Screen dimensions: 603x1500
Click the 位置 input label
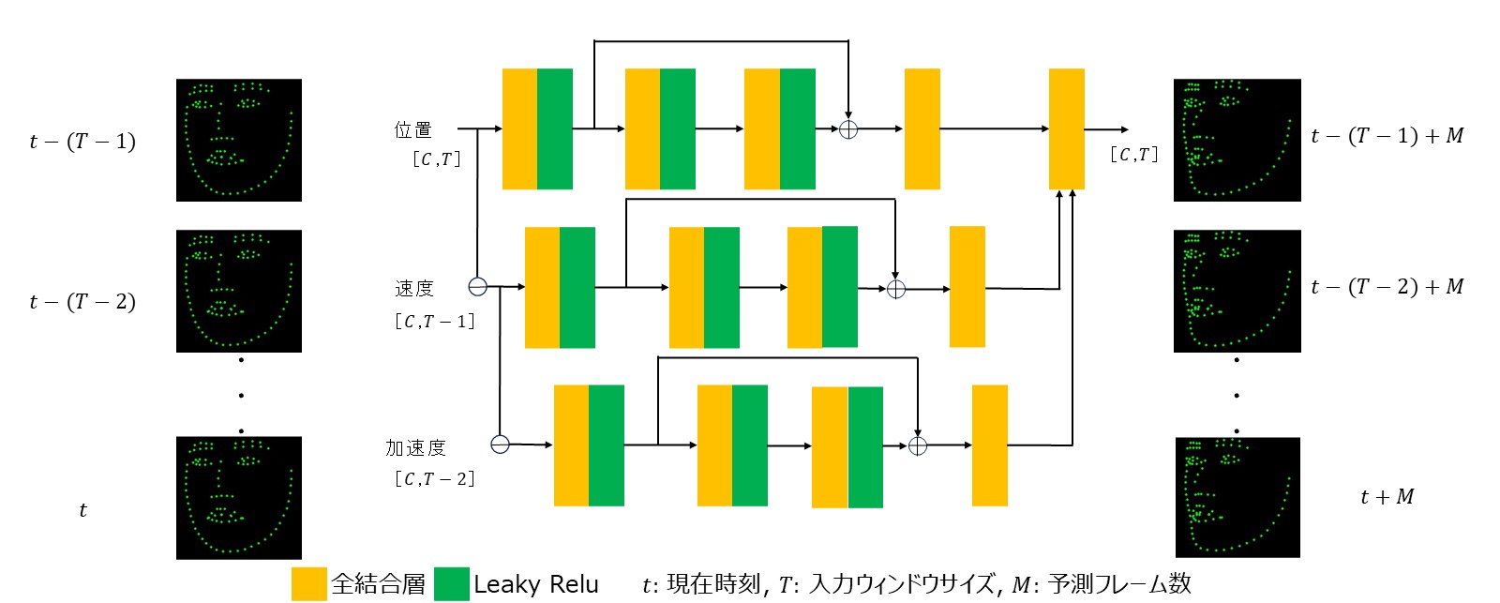click(x=412, y=129)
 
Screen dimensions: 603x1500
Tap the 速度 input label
click(x=413, y=288)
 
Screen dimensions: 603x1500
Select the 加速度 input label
click(x=415, y=447)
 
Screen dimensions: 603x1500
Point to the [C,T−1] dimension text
click(x=434, y=322)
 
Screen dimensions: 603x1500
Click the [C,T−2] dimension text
click(x=434, y=479)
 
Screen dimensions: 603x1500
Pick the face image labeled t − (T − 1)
click(x=239, y=140)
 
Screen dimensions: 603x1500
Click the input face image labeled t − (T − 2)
click(x=239, y=291)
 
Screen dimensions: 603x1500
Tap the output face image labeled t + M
click(x=1238, y=497)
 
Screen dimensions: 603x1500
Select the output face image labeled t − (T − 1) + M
click(x=1237, y=140)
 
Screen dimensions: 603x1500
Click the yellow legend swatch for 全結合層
click(x=308, y=583)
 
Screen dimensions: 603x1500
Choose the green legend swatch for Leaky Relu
click(x=452, y=583)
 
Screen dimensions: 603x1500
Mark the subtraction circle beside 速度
click(x=478, y=286)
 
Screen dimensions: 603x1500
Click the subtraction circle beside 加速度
click(x=501, y=444)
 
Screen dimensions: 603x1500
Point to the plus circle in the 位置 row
click(x=847, y=129)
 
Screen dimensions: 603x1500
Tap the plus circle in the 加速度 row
click(x=918, y=445)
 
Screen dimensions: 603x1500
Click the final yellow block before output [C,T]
click(x=1066, y=128)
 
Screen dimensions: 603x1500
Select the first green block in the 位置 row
click(x=555, y=128)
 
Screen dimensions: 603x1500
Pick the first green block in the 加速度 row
click(x=607, y=445)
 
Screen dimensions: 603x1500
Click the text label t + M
click(x=1387, y=497)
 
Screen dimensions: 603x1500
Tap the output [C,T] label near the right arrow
click(x=1133, y=155)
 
